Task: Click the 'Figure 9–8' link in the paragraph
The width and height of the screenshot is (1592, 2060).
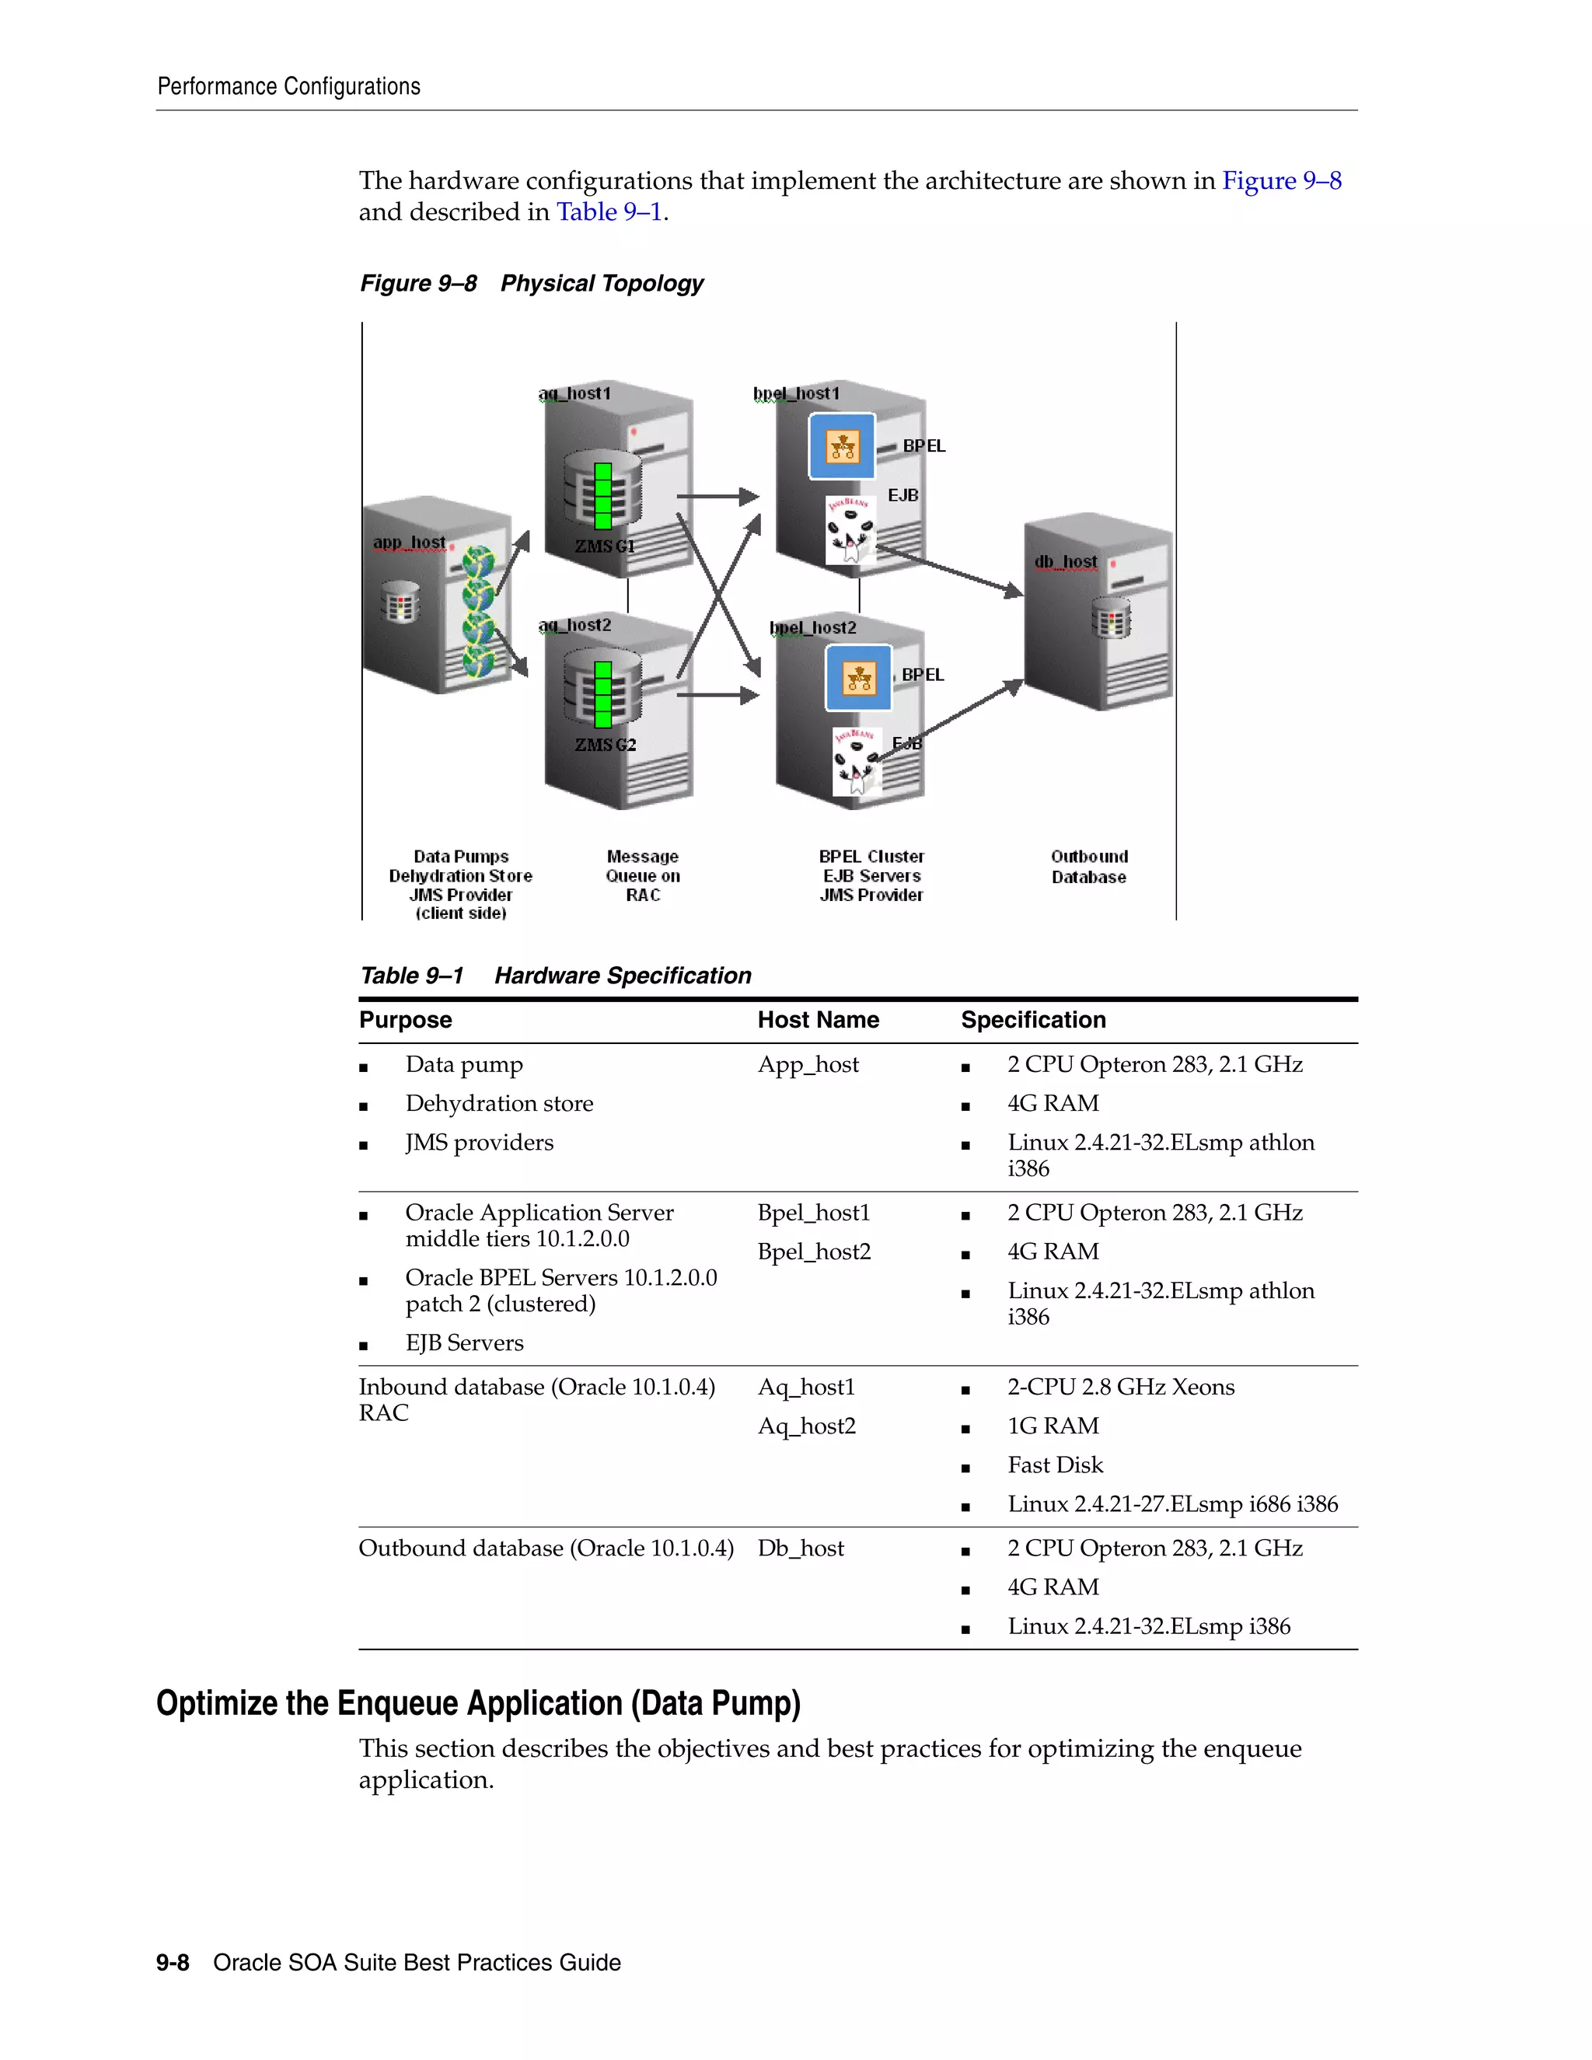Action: pyautogui.click(x=1281, y=180)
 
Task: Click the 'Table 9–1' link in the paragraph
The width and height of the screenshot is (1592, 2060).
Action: pyautogui.click(x=609, y=212)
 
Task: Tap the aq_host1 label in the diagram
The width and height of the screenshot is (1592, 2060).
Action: pyautogui.click(x=575, y=393)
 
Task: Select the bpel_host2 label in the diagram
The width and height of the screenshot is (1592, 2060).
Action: pyautogui.click(x=813, y=627)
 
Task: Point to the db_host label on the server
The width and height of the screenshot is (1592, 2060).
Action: pyautogui.click(x=1066, y=562)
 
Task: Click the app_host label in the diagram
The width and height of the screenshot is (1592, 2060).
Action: pyautogui.click(x=410, y=543)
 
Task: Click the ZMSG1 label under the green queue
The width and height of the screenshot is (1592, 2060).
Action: pyautogui.click(x=605, y=546)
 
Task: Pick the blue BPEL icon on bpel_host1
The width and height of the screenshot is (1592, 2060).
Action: pyautogui.click(x=842, y=446)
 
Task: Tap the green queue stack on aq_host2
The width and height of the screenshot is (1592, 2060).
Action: pyautogui.click(x=602, y=694)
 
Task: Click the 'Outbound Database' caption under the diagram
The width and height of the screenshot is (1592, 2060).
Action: pyautogui.click(x=1088, y=867)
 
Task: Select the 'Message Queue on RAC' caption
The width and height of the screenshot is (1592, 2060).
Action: pyautogui.click(x=643, y=875)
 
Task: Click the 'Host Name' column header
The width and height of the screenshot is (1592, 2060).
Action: pyautogui.click(x=818, y=1020)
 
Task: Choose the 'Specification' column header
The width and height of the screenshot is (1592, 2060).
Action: pyautogui.click(x=1033, y=1020)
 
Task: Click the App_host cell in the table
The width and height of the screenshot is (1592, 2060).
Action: pyautogui.click(x=808, y=1065)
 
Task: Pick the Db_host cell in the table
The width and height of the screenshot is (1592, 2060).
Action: pyautogui.click(x=801, y=1548)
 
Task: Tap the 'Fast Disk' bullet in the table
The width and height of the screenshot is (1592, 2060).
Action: pyautogui.click(x=1054, y=1465)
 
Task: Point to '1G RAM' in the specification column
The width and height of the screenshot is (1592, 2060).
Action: pyautogui.click(x=1053, y=1426)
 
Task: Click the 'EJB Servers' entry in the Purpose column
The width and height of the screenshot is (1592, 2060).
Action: pyautogui.click(x=464, y=1343)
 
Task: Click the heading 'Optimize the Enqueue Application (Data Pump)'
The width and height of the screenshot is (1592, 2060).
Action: pyautogui.click(x=478, y=1703)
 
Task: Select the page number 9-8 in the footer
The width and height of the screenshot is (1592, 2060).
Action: pyautogui.click(x=173, y=1962)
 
